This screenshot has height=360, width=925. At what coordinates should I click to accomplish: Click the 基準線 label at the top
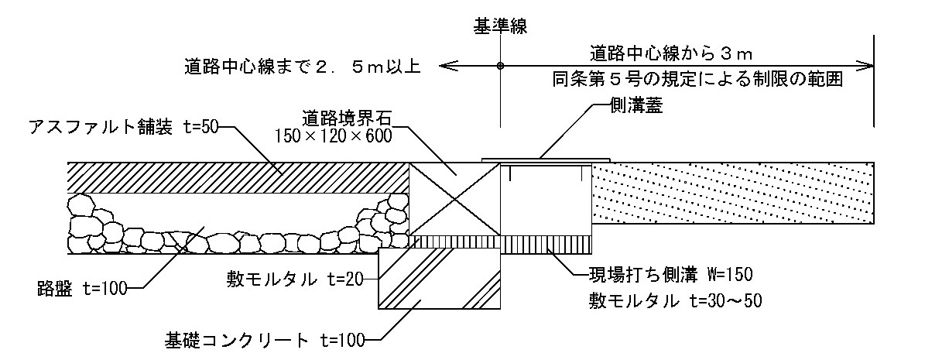point(500,29)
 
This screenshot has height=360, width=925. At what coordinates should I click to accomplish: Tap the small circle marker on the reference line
point(500,66)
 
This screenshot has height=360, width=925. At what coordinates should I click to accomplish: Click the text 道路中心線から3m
point(671,53)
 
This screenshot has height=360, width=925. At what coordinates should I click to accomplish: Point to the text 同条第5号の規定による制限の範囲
point(697,79)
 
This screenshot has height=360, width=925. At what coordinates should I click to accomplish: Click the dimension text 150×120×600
point(333,136)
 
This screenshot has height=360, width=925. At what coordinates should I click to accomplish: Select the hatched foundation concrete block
point(439,279)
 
